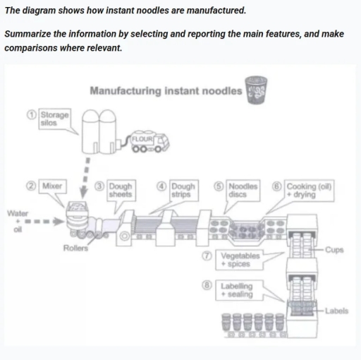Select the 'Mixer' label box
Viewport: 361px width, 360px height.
pyautogui.click(x=52, y=185)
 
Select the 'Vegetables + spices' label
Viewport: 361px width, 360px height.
pyautogui.click(x=240, y=259)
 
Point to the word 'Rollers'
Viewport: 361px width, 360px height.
pyautogui.click(x=75, y=248)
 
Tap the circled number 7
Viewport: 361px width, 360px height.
pyautogui.click(x=209, y=256)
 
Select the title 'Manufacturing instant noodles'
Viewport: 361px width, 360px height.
pyautogui.click(x=166, y=91)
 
